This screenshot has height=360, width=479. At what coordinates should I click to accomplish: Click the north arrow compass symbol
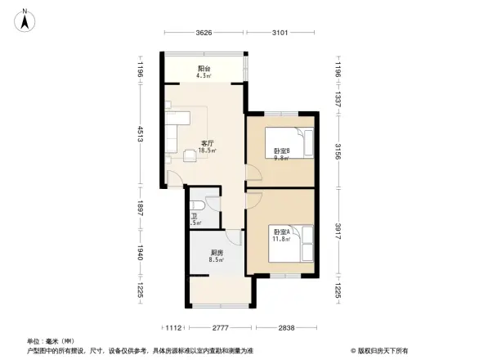click(26, 18)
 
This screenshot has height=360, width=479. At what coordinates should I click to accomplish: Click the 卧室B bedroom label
click(282, 151)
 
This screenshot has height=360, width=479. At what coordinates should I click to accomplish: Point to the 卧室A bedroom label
click(282, 232)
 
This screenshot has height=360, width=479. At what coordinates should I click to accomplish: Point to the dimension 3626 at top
click(204, 34)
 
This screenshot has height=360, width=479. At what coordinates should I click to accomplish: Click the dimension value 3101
click(280, 34)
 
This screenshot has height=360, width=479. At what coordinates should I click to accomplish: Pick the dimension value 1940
click(140, 255)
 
